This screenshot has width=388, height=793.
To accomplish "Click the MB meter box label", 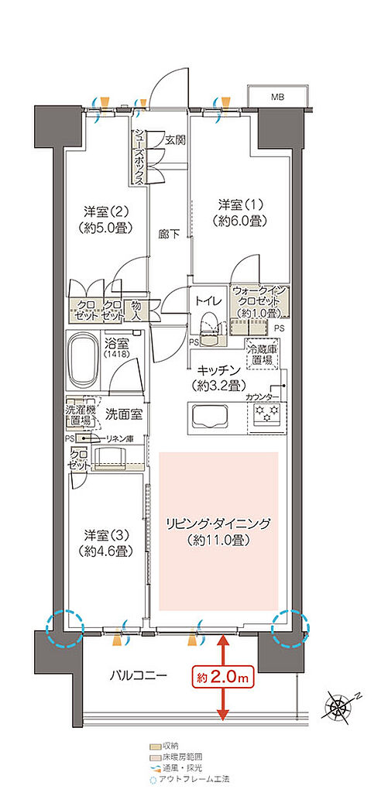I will [x=276, y=97].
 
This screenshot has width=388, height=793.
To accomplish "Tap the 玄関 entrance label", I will [x=175, y=140].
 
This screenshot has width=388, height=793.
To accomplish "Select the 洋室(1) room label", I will [x=242, y=212].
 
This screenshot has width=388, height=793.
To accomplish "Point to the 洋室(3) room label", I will [x=107, y=543].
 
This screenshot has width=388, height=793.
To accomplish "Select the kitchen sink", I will [x=208, y=418].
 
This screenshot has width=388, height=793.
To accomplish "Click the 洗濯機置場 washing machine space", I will [x=78, y=415].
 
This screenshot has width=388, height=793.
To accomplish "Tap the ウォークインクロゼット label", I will [x=259, y=301].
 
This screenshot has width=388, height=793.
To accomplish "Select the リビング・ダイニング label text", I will [x=218, y=531].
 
